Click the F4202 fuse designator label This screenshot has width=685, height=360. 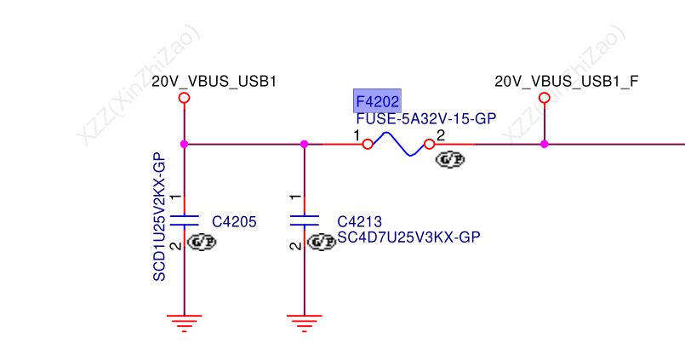(376, 100)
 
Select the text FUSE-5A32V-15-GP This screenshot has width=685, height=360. (425, 119)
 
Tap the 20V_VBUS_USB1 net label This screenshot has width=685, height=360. (214, 82)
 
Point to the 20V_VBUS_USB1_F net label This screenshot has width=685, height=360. (567, 82)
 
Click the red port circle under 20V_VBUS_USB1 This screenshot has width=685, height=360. (184, 98)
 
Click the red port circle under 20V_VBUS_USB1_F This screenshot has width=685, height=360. (545, 98)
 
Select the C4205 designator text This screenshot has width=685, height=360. (234, 222)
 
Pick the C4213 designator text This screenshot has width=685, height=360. (358, 222)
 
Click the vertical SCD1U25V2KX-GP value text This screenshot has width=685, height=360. (158, 217)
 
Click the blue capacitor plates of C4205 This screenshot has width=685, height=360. (185, 220)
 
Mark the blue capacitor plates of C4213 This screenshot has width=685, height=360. (305, 220)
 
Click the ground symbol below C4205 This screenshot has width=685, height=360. (185, 322)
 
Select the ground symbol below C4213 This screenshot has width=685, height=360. (305, 322)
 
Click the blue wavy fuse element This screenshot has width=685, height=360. (398, 144)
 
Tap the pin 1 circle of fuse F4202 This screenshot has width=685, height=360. (368, 144)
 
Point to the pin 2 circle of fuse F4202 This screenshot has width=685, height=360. (429, 144)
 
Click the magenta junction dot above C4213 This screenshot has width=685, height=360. (305, 144)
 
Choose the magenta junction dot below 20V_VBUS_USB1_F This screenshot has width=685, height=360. (545, 144)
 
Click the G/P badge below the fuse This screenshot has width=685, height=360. (450, 159)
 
